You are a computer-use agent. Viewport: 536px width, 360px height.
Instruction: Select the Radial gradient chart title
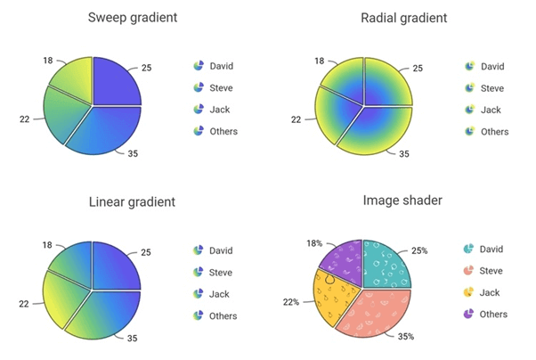403,18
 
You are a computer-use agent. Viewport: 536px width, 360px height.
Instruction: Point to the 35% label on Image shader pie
405,337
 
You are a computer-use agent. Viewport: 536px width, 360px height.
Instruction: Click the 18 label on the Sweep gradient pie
47,60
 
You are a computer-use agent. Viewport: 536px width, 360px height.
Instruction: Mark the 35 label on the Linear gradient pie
132,339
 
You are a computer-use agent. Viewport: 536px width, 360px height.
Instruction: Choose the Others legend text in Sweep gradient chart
223,132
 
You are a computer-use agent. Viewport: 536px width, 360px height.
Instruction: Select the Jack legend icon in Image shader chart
469,292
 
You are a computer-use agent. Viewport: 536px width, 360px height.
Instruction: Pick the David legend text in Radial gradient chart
492,66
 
